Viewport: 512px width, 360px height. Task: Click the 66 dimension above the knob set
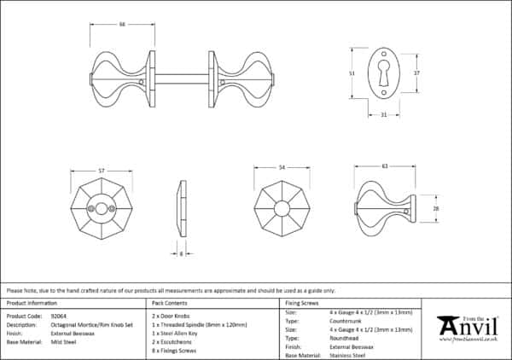tap(122, 23)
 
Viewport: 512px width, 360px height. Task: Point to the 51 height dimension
tap(353, 74)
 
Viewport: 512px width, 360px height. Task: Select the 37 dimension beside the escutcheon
tap(416, 73)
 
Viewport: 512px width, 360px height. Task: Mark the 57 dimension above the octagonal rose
tap(102, 171)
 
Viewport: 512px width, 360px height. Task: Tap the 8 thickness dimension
tap(180, 253)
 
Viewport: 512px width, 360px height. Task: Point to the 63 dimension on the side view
tap(385, 165)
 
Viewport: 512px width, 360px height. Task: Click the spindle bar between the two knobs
tap(181, 78)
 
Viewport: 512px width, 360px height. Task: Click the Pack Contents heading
tap(169, 303)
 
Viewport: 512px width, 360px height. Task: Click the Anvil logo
tap(468, 328)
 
